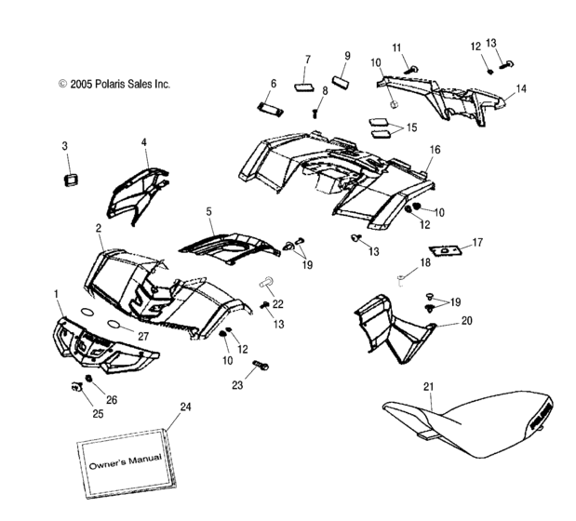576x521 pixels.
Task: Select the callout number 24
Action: click(186, 406)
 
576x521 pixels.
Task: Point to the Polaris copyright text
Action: click(114, 84)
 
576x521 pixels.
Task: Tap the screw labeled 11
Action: click(413, 66)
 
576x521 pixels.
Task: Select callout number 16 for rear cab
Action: click(435, 150)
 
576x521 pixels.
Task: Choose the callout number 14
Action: click(521, 88)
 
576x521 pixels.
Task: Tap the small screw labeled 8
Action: click(317, 112)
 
